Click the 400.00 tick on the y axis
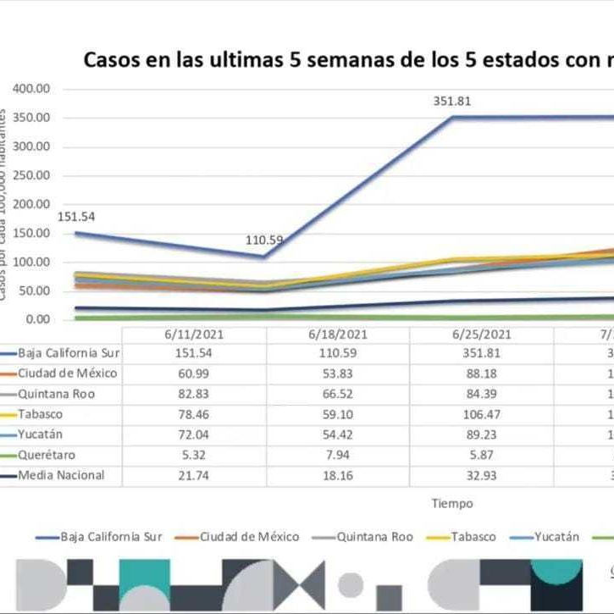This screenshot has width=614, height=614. [33, 89]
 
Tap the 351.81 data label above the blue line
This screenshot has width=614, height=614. [451, 101]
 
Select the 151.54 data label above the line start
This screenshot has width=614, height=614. [76, 216]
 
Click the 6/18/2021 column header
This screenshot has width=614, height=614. [337, 334]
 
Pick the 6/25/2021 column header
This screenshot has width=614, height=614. [481, 334]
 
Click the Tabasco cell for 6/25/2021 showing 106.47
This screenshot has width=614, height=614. [481, 414]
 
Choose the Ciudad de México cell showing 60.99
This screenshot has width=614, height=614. [194, 373]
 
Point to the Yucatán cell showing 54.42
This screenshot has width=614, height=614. [337, 434]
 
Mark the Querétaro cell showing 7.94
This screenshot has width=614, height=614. [337, 455]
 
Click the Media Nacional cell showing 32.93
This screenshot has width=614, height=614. [481, 475]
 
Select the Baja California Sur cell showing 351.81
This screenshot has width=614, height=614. [481, 353]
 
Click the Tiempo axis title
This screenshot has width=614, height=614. [452, 504]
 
